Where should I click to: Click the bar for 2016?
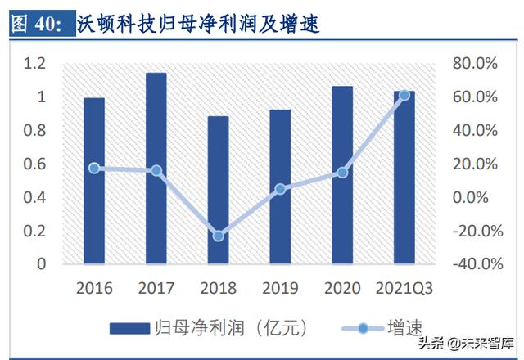point(94,181)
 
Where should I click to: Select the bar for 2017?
point(156,169)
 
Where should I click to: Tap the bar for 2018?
point(218,190)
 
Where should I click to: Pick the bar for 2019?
point(280,187)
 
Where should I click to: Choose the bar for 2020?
point(342,175)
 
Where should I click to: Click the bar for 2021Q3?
point(404,178)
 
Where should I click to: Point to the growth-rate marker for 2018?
point(218,236)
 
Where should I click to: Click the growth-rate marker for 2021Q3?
point(404,96)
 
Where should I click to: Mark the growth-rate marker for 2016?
point(94,168)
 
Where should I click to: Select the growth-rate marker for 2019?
point(280,189)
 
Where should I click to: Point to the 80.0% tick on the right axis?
point(475,64)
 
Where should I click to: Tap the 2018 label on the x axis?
point(218,288)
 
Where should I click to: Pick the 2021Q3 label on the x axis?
point(404,288)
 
